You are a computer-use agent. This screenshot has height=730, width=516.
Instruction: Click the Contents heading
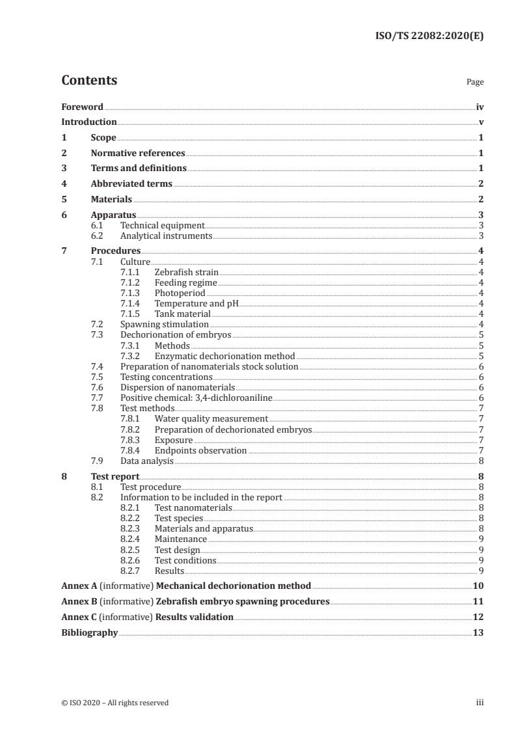click(x=89, y=81)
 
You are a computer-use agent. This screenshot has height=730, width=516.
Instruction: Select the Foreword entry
click(x=82, y=107)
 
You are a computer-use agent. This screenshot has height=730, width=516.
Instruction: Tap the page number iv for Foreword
click(x=480, y=107)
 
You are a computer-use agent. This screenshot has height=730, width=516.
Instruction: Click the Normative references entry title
click(x=138, y=153)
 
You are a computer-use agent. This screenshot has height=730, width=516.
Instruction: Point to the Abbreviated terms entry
click(x=131, y=183)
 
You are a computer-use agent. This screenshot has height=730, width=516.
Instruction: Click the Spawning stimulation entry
click(x=165, y=324)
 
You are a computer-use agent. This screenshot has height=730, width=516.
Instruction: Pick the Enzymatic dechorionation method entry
click(x=224, y=356)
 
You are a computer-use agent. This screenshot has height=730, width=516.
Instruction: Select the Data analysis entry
click(x=147, y=461)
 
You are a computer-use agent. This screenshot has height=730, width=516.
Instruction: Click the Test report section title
click(x=115, y=476)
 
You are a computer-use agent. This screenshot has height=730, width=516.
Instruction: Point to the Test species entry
click(x=179, y=518)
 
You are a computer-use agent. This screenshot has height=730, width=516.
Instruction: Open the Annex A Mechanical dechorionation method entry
click(x=186, y=586)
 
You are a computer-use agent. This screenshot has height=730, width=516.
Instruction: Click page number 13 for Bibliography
click(x=478, y=632)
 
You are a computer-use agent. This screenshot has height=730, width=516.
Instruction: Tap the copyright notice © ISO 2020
click(x=115, y=702)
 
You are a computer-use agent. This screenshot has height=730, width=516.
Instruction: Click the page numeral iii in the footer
click(x=480, y=702)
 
